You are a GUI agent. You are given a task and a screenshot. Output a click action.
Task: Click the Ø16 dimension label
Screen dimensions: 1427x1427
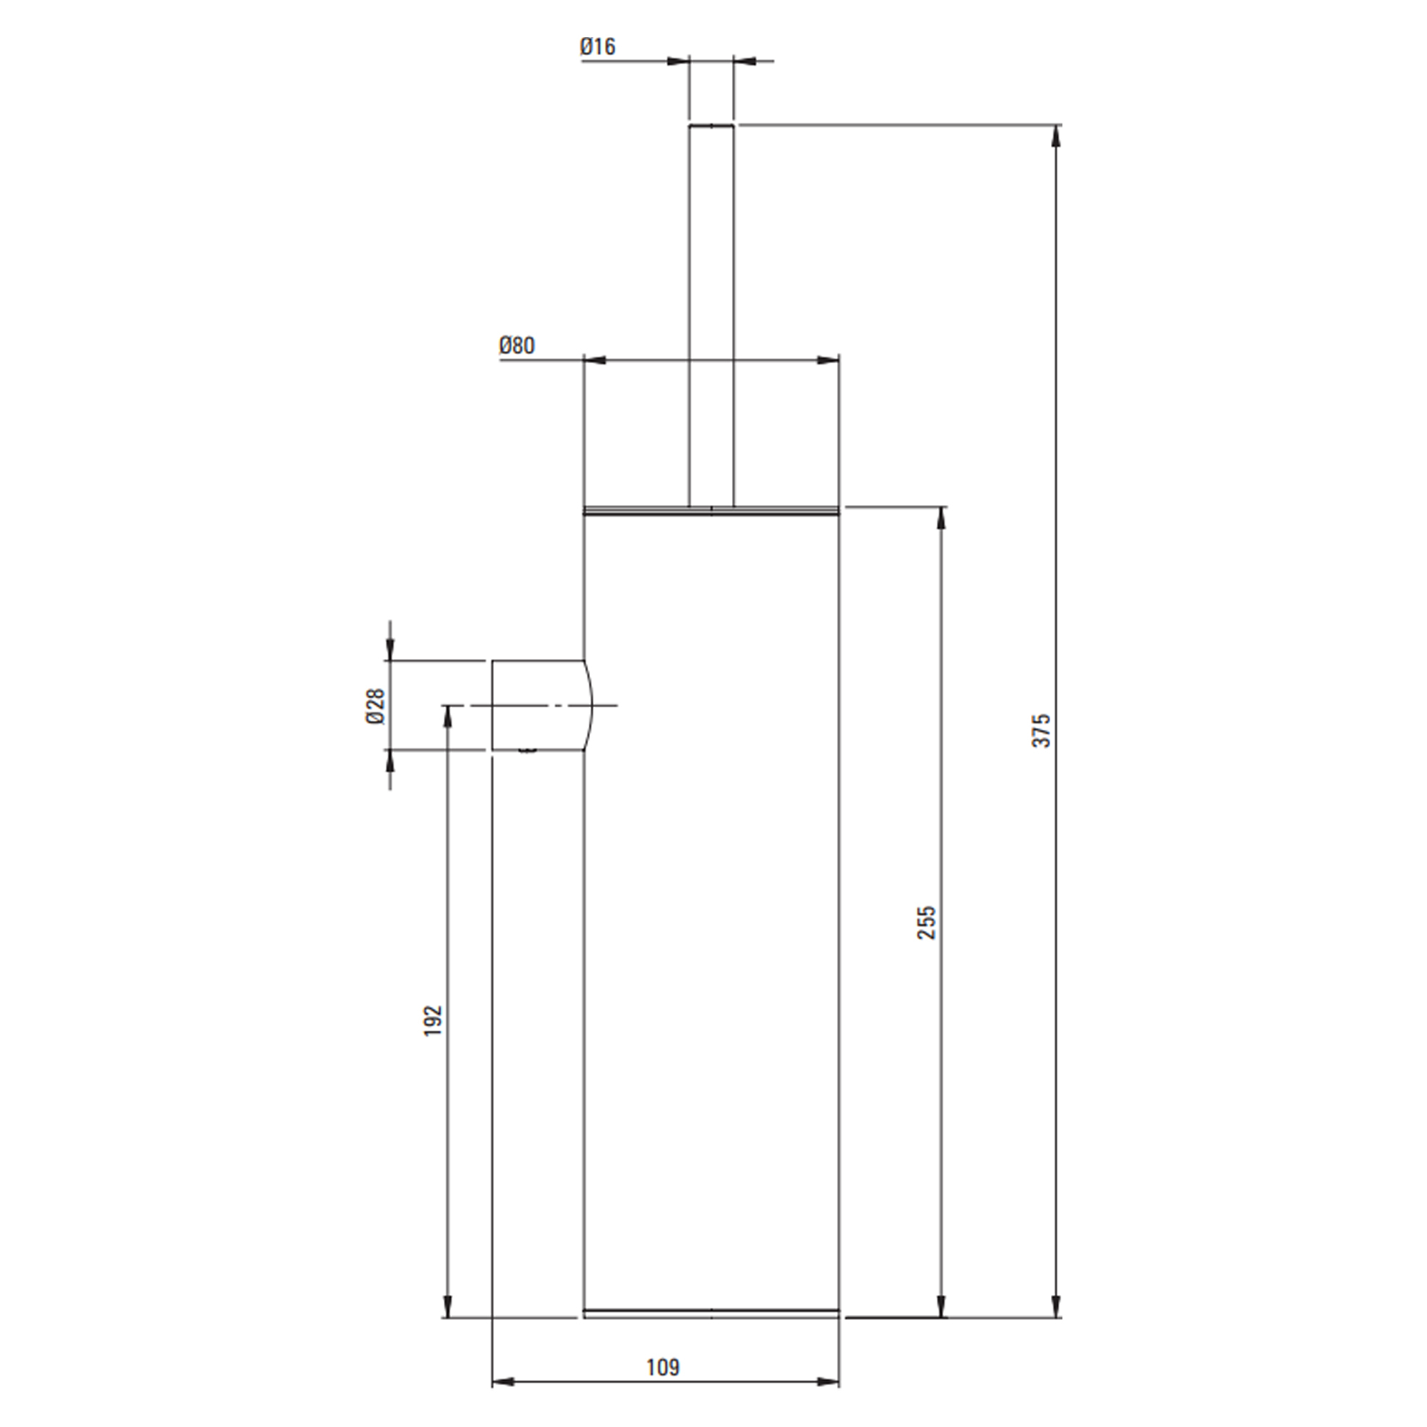[597, 46]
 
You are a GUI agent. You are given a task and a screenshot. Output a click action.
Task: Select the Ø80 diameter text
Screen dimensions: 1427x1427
[517, 345]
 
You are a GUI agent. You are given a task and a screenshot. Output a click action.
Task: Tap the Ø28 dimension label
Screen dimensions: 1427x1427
[376, 706]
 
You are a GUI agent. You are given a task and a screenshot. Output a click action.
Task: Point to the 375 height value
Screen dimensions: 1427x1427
[1041, 731]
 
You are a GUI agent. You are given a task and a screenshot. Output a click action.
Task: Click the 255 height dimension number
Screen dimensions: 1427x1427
[926, 923]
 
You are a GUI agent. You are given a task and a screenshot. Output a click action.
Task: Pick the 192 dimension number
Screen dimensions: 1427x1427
[433, 1020]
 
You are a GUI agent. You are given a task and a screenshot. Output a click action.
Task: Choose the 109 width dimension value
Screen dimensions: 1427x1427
[664, 1367]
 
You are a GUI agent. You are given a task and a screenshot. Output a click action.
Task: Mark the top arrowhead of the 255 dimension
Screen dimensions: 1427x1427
[941, 518]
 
